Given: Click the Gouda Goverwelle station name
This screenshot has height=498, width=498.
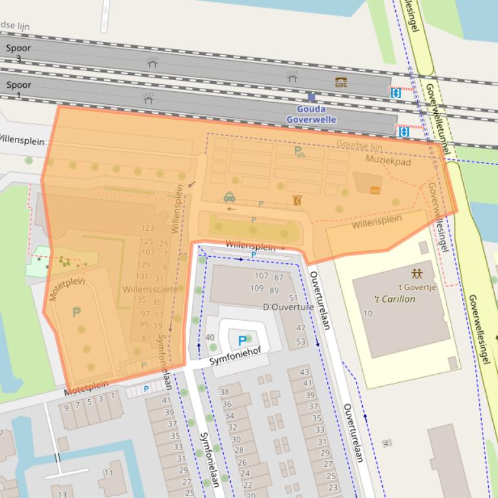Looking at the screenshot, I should coord(311,114).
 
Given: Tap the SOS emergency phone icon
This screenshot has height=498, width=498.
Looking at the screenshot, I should coord(341,82).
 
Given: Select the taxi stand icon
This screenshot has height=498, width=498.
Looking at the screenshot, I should coord(229,197).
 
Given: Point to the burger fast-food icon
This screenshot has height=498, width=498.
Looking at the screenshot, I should coord(374,190).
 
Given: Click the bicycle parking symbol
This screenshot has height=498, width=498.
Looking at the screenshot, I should coord(299,152).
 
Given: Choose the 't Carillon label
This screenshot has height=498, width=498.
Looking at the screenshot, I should coord(395,299).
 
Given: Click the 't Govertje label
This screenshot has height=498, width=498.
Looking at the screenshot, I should coord(417,287).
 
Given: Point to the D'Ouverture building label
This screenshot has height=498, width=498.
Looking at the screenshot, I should coord(288,307).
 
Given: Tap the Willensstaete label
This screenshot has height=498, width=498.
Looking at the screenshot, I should coord(149,290).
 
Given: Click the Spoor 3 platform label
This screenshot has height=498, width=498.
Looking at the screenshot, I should coord(18,53).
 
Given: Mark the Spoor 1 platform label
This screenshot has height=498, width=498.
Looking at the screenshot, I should coord(18,90).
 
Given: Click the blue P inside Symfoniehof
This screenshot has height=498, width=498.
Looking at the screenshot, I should coord(243,340).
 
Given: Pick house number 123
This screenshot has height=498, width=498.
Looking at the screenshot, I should coord(147,228).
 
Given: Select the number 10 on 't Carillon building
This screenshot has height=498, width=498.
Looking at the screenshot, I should coord(368,314).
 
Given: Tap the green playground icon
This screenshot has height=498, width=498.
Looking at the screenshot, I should coord(63,261).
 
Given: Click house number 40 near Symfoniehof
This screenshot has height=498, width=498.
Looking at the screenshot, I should coord(210,338).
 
